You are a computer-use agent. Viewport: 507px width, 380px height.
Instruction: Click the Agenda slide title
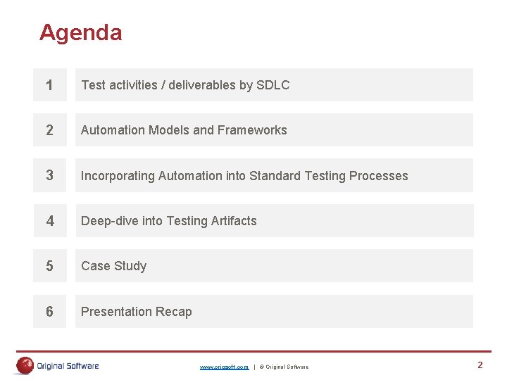point(81,32)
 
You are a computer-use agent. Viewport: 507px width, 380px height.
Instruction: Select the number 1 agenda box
point(49,85)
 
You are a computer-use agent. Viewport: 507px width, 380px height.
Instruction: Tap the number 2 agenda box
point(49,130)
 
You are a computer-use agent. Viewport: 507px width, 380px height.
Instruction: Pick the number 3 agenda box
point(49,175)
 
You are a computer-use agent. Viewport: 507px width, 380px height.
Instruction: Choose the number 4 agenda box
point(49,221)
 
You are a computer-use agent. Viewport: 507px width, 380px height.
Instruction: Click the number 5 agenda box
point(49,266)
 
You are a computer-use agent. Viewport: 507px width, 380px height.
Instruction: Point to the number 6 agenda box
point(49,311)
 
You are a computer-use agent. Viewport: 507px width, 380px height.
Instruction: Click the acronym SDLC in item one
point(273,85)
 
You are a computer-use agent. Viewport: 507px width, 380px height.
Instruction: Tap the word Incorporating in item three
point(118,176)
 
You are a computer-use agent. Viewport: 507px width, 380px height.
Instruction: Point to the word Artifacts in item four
point(233,221)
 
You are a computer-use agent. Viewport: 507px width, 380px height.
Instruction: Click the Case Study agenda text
point(114,266)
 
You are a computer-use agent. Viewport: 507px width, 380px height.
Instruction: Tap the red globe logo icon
point(25,365)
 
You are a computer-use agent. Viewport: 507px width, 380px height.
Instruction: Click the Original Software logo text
point(68,366)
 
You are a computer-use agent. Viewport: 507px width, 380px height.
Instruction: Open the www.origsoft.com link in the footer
point(224,367)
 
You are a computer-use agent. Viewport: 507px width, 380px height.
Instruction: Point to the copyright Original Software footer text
point(284,367)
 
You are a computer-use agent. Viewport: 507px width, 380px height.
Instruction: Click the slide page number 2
point(480,365)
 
